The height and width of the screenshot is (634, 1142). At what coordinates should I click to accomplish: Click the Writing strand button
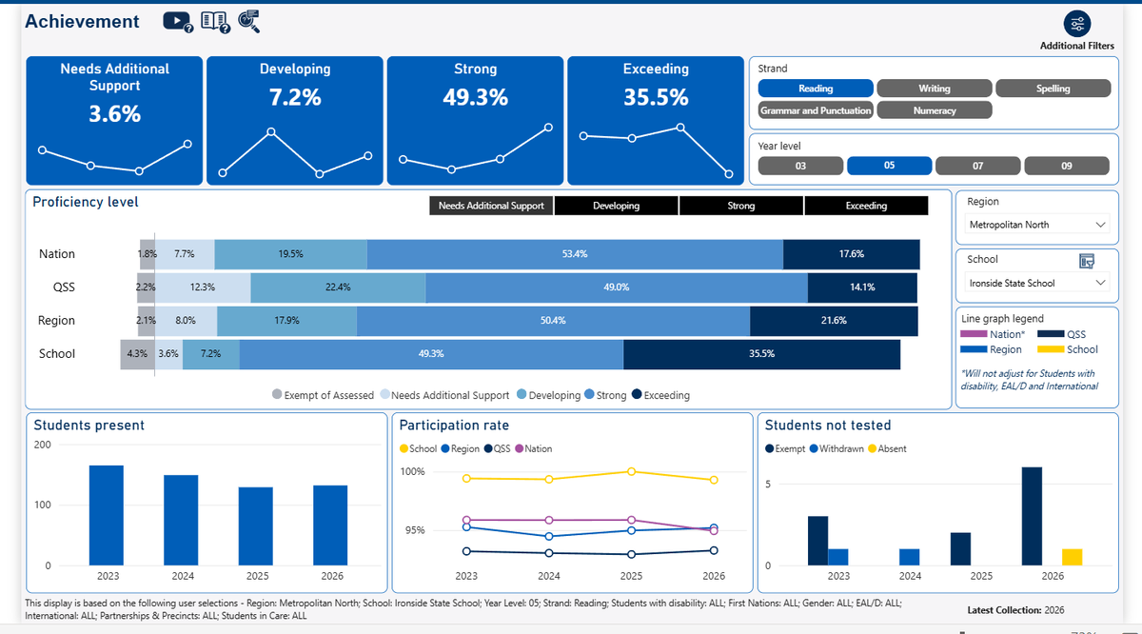coord(934,89)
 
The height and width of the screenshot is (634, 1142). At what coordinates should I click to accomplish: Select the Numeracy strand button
coord(934,110)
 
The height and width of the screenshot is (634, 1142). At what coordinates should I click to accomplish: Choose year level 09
coord(1067,166)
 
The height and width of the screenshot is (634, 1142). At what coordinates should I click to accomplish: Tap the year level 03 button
coord(800,166)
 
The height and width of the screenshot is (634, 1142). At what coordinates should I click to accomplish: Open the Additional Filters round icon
coord(1076,24)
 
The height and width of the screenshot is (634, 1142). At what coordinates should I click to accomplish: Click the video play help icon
coord(177,22)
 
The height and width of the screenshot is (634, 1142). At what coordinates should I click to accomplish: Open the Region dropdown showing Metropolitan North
coord(1037,225)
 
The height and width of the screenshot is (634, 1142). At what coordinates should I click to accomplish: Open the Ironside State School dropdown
coord(1037,283)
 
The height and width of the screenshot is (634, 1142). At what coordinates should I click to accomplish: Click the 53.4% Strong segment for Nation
coord(575,254)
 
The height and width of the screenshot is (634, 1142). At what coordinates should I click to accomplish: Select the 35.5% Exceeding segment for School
coord(761,353)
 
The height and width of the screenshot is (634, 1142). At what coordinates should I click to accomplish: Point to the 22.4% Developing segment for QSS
coord(338,287)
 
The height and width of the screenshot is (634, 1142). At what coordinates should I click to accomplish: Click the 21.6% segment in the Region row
coord(834,320)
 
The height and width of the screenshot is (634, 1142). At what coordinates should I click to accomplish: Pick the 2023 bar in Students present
coord(106,515)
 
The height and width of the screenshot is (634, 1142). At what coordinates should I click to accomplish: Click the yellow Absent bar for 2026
coord(1072,557)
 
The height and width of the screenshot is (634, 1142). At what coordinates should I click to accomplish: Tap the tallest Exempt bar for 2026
coord(1032,516)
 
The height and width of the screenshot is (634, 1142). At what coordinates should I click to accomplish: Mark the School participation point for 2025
coord(631,472)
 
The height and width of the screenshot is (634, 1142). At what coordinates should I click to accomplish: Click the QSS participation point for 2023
coord(466,551)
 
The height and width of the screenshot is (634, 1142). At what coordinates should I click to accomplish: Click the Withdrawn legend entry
coord(837,449)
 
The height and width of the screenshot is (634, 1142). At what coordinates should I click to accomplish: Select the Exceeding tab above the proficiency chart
coord(866,206)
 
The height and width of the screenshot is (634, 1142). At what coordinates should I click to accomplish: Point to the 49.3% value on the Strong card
coord(475,97)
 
